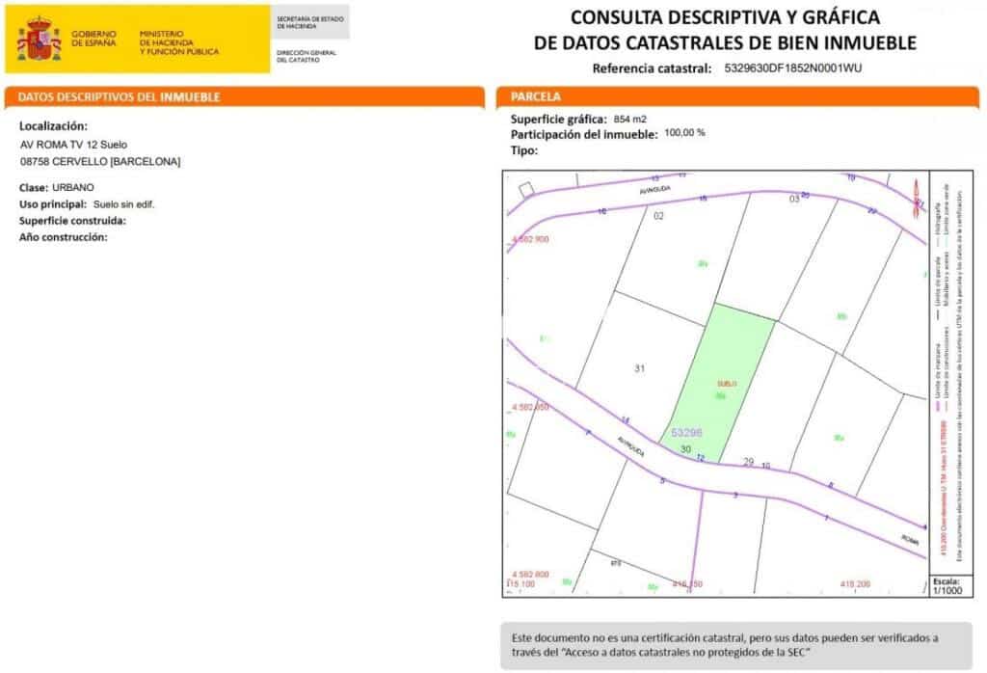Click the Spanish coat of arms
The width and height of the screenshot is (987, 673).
click(39, 40)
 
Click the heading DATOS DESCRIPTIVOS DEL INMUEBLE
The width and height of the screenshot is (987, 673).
click(120, 97)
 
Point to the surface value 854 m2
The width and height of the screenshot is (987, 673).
click(630, 119)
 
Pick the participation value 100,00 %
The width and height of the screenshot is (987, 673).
click(684, 133)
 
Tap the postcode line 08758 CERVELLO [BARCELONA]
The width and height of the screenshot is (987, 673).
click(100, 162)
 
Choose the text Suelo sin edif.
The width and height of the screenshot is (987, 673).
click(123, 204)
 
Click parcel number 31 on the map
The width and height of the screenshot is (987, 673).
click(640, 368)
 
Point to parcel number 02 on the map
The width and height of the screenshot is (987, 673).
click(659, 216)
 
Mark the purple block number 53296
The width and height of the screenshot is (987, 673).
click(686, 433)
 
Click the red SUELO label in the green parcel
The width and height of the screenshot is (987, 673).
click(726, 384)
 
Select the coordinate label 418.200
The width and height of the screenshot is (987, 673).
click(855, 583)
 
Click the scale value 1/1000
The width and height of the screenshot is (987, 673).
click(945, 592)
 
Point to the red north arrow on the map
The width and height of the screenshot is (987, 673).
click(914, 195)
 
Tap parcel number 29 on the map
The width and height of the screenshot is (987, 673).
click(748, 463)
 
